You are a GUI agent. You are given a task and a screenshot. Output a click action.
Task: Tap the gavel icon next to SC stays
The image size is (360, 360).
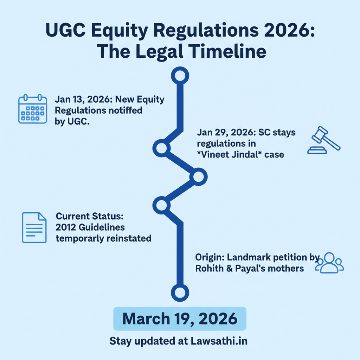click(x=323, y=140)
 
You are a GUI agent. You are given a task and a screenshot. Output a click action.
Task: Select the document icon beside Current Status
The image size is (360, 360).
click(x=34, y=227)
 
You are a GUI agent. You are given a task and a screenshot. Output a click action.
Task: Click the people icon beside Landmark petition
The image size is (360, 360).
click(x=329, y=263)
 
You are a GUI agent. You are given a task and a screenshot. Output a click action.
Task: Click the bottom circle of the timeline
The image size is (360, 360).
click(x=180, y=292)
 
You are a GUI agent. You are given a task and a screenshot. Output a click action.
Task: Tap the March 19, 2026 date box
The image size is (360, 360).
click(x=180, y=319)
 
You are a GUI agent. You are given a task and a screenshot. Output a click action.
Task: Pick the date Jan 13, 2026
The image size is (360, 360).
click(x=82, y=100)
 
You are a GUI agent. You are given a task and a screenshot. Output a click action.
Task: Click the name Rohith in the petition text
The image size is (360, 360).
click(x=209, y=269)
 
